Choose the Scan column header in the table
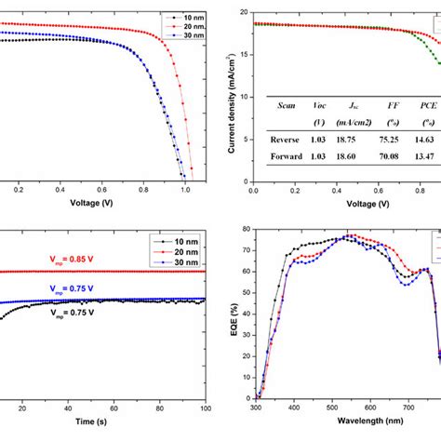287,105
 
